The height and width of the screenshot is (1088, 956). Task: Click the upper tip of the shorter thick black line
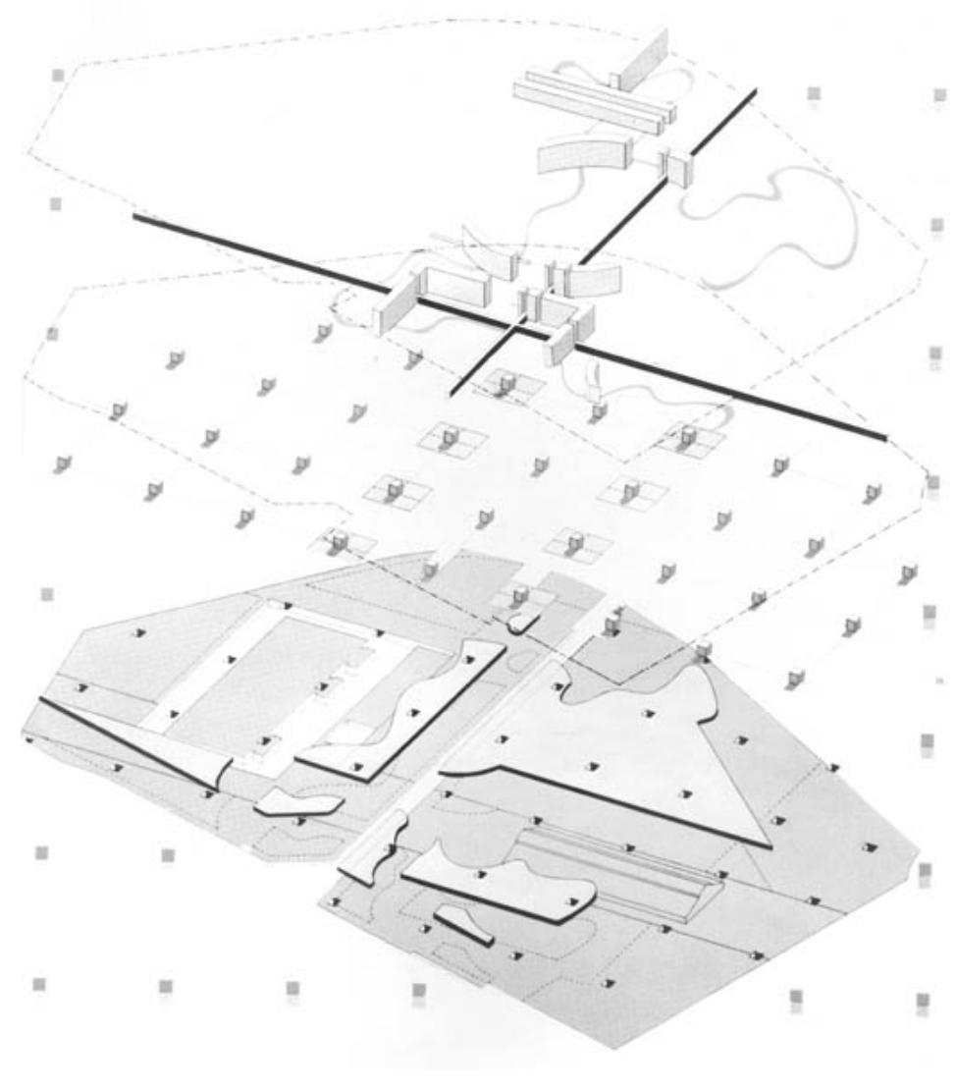click(754, 90)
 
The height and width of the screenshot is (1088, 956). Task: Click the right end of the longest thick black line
click(884, 438)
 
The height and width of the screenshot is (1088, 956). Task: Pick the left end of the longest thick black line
click(135, 217)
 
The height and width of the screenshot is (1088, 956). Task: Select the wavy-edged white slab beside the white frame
click(422, 707)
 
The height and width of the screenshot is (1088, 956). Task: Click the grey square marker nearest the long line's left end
click(56, 204)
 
